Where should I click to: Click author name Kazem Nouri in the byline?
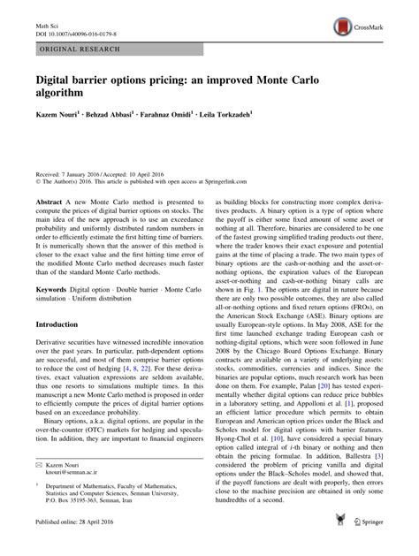click(58, 117)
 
